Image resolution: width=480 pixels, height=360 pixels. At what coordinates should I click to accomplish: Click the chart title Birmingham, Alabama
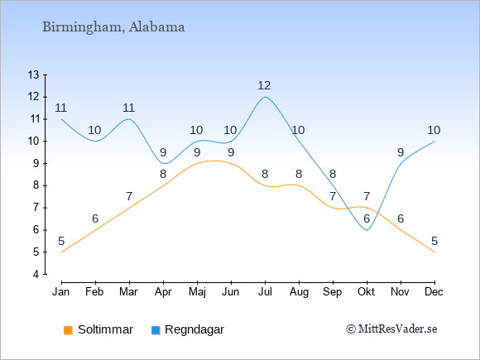[113, 27]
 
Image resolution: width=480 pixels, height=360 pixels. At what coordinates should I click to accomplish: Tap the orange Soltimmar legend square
[68, 330]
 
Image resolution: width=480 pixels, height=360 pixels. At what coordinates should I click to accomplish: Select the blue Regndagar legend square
[156, 330]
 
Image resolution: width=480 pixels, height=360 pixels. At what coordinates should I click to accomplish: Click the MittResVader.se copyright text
[391, 329]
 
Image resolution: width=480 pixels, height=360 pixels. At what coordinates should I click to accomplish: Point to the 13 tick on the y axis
[34, 74]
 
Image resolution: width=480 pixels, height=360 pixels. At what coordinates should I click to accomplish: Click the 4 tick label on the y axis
[36, 274]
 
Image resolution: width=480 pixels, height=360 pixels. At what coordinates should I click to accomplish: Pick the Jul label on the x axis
[265, 292]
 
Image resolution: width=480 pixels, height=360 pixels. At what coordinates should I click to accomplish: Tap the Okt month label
[366, 292]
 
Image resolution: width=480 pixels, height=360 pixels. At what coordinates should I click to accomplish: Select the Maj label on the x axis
[197, 292]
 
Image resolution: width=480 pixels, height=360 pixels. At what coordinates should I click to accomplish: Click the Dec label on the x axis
[434, 292]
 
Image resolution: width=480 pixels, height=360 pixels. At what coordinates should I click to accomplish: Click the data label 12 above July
[264, 85]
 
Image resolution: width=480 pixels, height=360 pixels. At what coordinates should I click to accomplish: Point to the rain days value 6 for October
[367, 218]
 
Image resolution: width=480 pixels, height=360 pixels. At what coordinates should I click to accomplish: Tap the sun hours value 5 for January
[61, 241]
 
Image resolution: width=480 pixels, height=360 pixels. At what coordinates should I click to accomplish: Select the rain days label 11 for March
[129, 108]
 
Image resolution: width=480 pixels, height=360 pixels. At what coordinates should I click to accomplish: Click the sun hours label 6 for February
[95, 218]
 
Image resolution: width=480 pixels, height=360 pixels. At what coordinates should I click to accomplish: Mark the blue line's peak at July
[265, 97]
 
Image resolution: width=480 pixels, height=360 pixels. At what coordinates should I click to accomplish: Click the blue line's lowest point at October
[367, 230]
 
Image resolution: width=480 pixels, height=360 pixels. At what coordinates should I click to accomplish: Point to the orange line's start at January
[62, 252]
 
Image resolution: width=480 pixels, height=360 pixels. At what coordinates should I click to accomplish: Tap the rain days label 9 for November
[401, 152]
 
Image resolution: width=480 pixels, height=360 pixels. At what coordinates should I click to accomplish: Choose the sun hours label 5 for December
[434, 241]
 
